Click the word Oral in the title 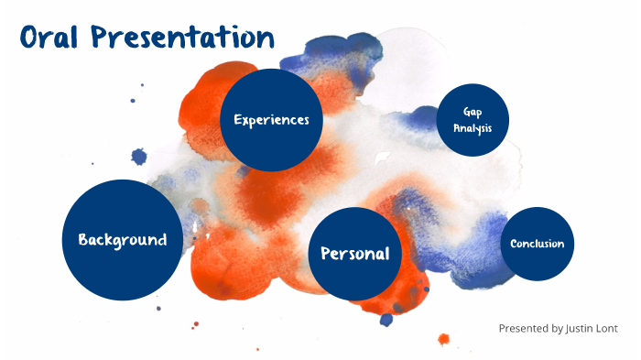[x=49, y=37]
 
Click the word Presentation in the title [x=182, y=37]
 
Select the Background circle [x=122, y=240]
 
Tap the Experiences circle [x=271, y=120]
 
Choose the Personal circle [x=355, y=254]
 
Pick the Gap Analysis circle [x=473, y=120]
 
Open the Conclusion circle [x=538, y=244]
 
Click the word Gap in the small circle [x=473, y=112]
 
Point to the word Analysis [x=473, y=128]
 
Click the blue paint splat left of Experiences [x=139, y=157]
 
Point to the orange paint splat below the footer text [x=443, y=339]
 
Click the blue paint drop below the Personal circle [x=386, y=320]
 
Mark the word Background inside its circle [x=123, y=240]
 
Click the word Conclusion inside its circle [x=538, y=244]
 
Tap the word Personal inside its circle [x=355, y=254]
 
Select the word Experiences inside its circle [x=271, y=120]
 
